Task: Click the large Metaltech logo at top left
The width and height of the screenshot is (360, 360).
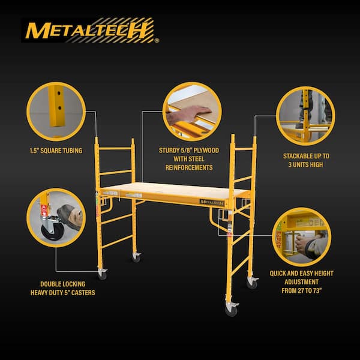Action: click(x=90, y=30)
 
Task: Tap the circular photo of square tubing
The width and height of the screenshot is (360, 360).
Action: click(x=56, y=112)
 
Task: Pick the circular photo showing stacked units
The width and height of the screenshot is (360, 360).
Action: click(x=305, y=116)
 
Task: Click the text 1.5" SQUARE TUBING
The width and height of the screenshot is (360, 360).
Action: click(x=56, y=150)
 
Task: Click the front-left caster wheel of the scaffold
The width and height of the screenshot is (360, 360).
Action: click(x=103, y=275)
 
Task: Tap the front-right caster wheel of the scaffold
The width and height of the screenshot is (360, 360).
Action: click(x=231, y=310)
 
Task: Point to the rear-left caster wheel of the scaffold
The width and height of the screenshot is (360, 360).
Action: click(x=137, y=257)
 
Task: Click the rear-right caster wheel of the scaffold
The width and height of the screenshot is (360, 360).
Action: click(x=252, y=283)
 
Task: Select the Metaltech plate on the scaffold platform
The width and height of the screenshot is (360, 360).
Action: click(x=212, y=202)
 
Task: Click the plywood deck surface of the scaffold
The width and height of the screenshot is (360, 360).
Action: click(x=174, y=189)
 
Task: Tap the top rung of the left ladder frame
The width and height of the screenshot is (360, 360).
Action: click(x=116, y=148)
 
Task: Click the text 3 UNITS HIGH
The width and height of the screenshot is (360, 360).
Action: click(x=305, y=164)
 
